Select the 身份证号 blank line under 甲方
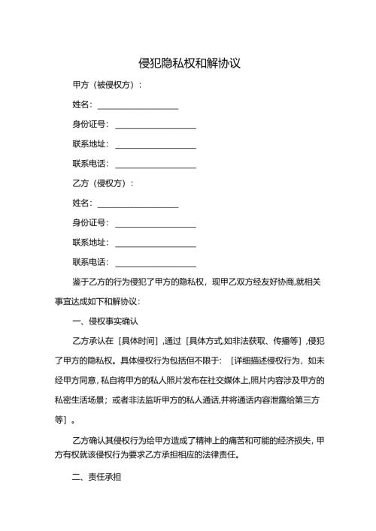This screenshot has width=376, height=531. tap(155, 125)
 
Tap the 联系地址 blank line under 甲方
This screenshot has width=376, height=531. tap(155, 144)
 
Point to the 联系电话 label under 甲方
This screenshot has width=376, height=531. tap(90, 164)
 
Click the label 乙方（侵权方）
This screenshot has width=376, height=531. tap(102, 183)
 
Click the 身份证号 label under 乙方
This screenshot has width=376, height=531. tap(90, 223)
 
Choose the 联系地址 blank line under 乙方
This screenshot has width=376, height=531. tap(155, 243)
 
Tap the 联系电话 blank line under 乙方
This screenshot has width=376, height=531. tap(155, 262)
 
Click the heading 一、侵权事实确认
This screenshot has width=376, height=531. tap(108, 321)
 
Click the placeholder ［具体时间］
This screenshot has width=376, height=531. tap(159, 341)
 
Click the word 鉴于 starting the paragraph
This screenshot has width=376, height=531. tap(80, 282)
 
